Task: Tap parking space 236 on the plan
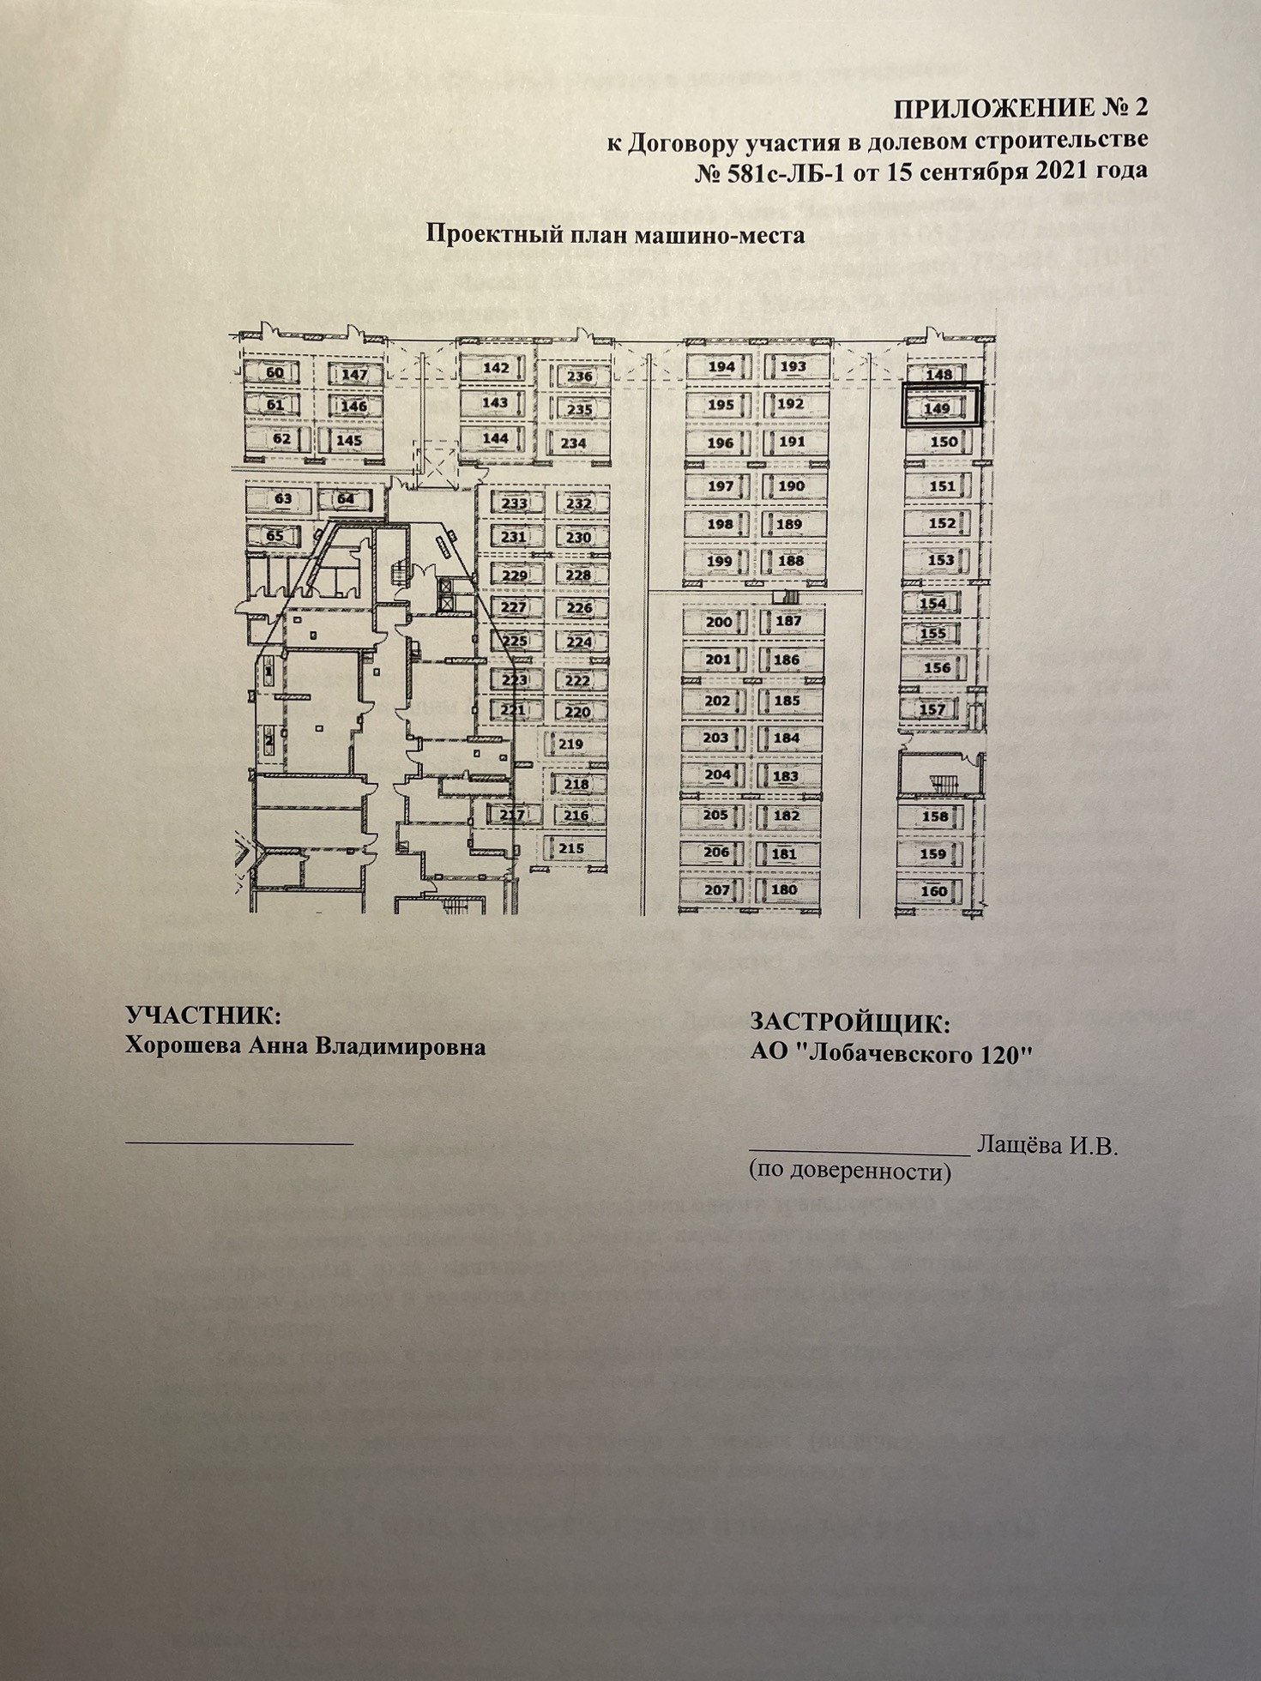pos(579,376)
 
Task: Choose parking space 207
pos(716,889)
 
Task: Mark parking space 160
pos(933,890)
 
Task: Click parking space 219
pos(570,744)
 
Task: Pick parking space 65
pos(275,536)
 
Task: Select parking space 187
pos(787,621)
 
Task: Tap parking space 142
pos(496,367)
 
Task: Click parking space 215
pos(570,848)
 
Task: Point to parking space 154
pos(932,603)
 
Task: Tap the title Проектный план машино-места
pos(615,234)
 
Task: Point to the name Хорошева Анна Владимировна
pos(305,1046)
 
